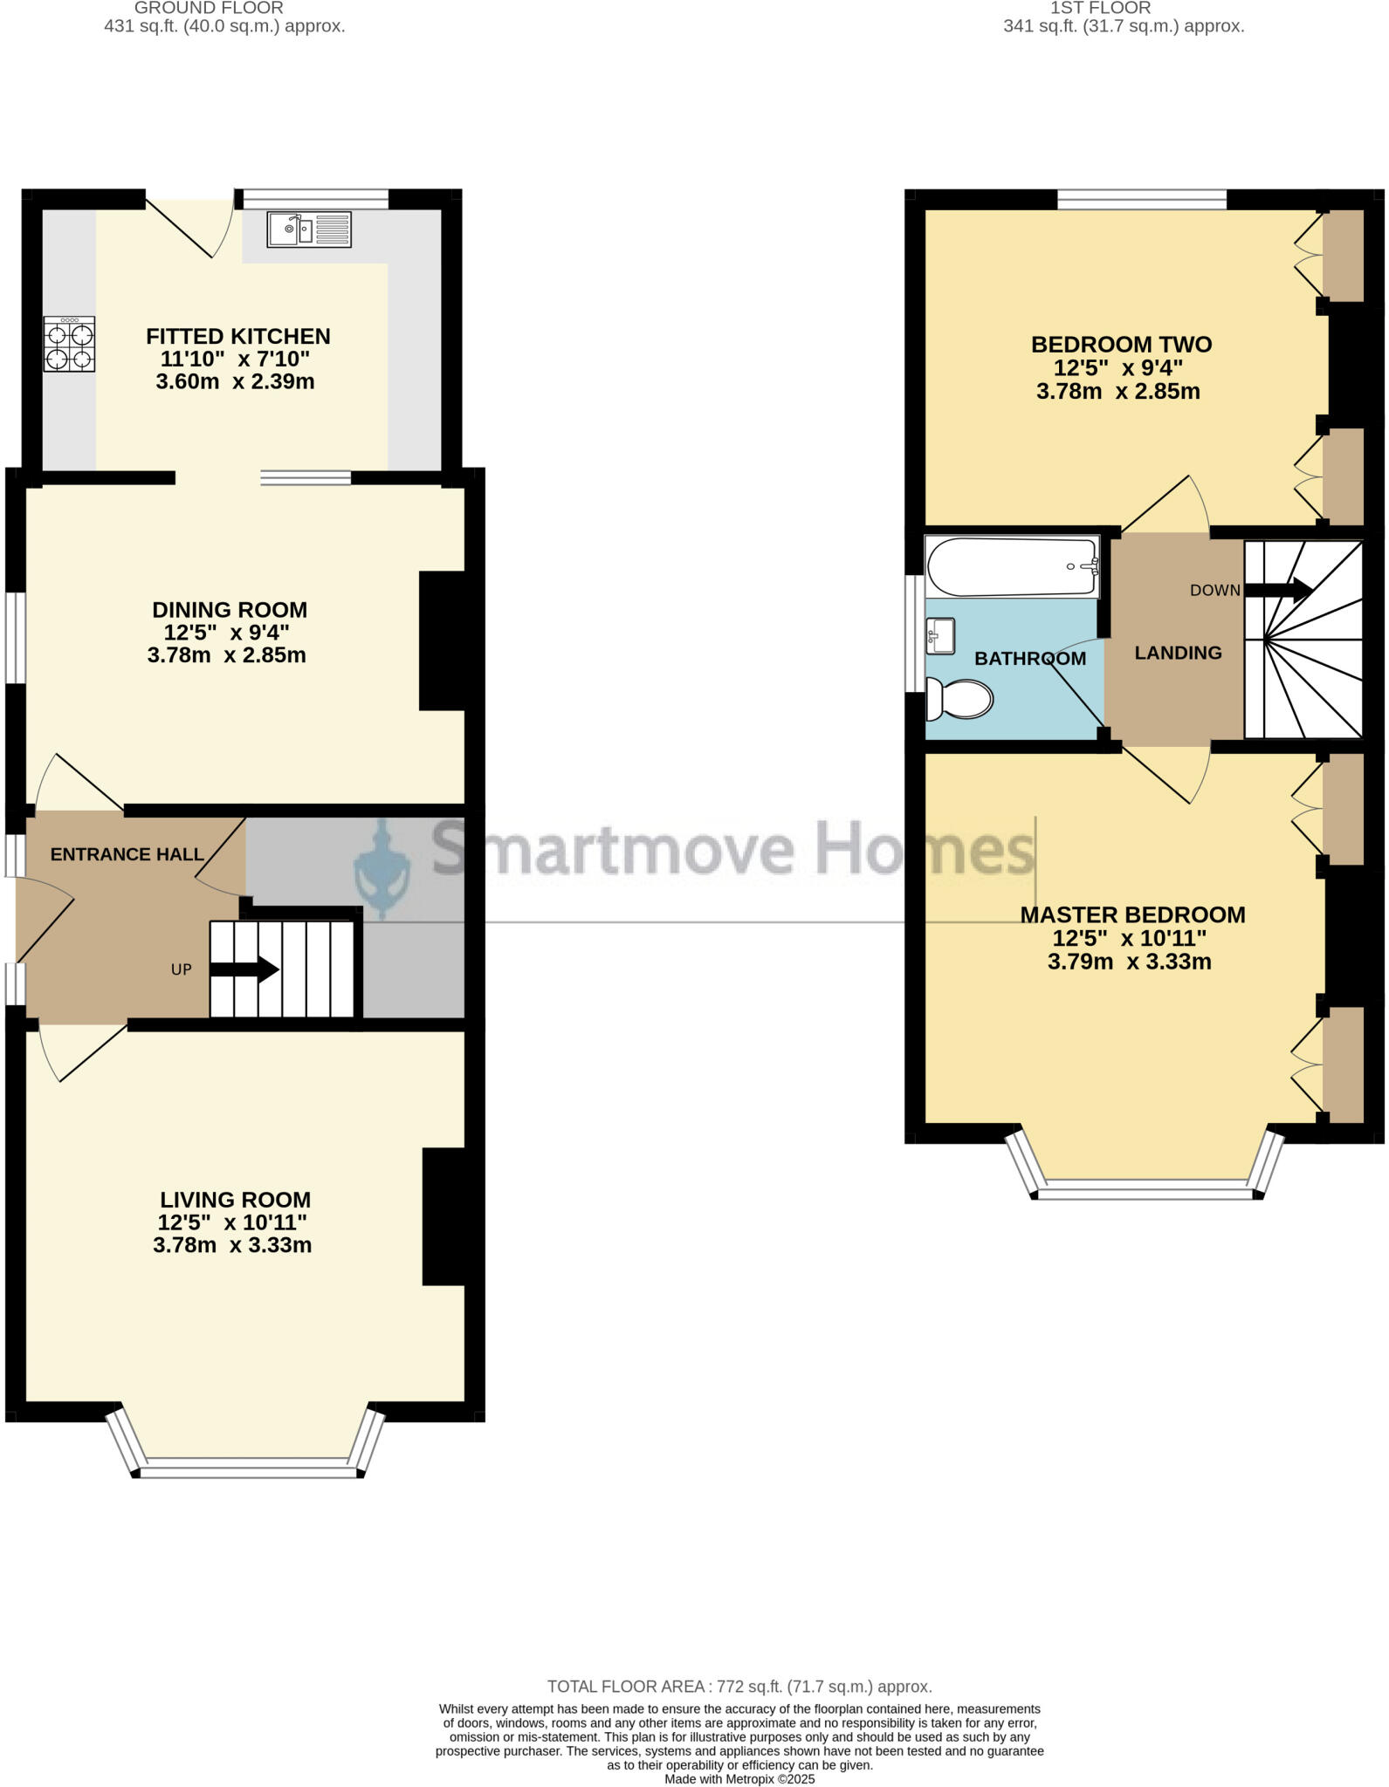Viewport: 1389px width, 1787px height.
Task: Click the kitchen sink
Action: coord(309,229)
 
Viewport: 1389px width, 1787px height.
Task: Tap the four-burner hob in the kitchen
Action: coord(69,345)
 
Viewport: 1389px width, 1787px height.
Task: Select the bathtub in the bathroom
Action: coord(1012,566)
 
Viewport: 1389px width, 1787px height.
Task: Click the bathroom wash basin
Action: coord(940,635)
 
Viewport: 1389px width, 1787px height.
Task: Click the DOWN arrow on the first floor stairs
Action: coord(1279,590)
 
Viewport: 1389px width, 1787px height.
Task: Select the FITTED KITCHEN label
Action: coord(237,336)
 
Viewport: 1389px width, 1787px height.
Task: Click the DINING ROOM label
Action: coord(230,610)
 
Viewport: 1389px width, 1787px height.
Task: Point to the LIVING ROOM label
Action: coord(235,1200)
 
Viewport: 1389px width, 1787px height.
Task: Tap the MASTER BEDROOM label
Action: coord(1132,914)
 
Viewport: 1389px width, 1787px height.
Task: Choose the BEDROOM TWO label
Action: coord(1121,345)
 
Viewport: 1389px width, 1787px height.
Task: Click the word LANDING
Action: coord(1178,653)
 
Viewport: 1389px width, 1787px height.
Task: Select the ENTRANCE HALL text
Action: coord(127,854)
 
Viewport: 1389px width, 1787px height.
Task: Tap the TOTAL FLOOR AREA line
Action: coord(739,1687)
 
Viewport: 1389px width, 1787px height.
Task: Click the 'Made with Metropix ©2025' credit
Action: coord(739,1778)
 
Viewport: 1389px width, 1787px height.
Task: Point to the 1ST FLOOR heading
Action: coord(1100,8)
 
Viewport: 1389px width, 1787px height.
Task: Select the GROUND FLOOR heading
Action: coord(209,8)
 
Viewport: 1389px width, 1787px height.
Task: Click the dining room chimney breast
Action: coord(443,640)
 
